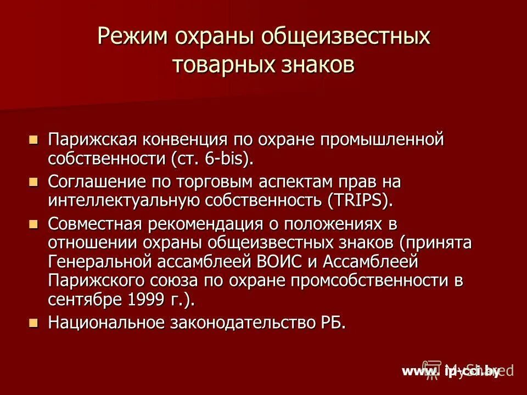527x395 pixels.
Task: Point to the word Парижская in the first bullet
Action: coord(92,140)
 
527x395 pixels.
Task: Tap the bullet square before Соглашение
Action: coord(33,180)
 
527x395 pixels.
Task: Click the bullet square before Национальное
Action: coord(33,323)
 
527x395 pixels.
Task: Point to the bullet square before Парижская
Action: coord(33,139)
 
